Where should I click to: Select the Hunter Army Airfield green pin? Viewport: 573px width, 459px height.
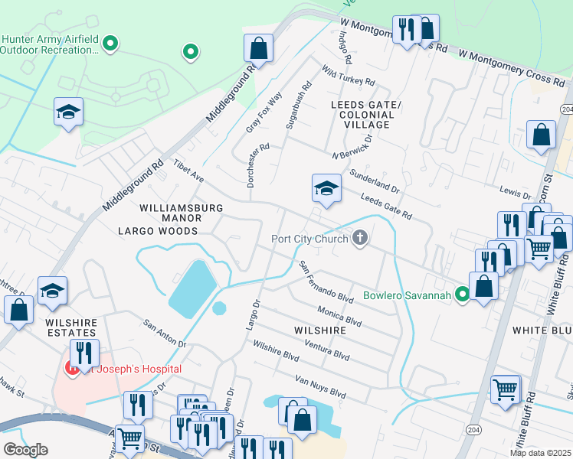pyautogui.click(x=110, y=44)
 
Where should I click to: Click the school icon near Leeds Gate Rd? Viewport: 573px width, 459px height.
pyautogui.click(x=326, y=188)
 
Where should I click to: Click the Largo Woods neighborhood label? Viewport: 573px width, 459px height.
pyautogui.click(x=158, y=230)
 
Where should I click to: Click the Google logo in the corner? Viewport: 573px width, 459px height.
pyautogui.click(x=25, y=450)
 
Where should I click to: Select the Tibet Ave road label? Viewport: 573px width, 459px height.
pyautogui.click(x=188, y=171)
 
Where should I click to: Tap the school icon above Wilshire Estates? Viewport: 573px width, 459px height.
pyautogui.click(x=53, y=290)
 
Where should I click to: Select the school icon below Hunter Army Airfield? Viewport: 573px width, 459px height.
pyautogui.click(x=68, y=112)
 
